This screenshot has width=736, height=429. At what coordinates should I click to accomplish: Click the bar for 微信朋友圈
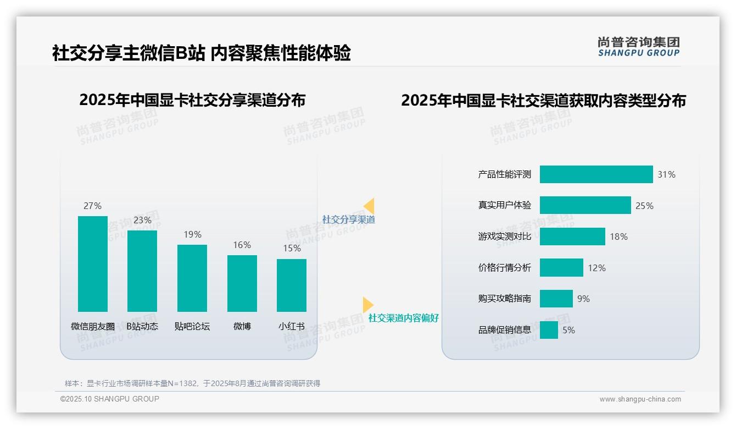tap(93, 264)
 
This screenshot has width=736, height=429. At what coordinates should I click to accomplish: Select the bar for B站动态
tap(142, 271)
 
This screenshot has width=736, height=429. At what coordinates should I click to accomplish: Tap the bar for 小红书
tap(292, 285)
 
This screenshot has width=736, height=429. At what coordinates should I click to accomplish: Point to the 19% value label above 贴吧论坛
tap(192, 234)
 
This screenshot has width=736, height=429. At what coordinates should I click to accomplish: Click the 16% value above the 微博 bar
tap(242, 245)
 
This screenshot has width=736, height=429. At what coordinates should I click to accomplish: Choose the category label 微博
tap(242, 326)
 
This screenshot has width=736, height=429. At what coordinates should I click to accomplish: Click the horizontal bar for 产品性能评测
tap(596, 174)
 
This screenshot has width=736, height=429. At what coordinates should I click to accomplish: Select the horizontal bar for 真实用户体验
tap(585, 205)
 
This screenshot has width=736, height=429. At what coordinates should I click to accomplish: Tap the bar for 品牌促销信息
tap(549, 330)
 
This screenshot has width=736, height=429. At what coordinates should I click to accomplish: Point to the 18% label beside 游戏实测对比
tap(618, 237)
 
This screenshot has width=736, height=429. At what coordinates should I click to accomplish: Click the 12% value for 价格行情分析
tap(596, 268)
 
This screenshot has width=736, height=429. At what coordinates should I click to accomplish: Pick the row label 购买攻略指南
tap(504, 299)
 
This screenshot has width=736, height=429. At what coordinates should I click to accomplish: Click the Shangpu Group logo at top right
tap(638, 47)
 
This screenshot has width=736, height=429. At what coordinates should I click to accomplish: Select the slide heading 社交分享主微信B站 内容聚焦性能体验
tap(201, 53)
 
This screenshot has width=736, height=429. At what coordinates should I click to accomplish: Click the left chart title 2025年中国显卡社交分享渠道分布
tap(192, 100)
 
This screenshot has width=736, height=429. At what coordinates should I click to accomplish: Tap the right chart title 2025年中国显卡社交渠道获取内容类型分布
tap(543, 101)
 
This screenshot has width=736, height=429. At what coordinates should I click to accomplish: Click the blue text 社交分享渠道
tap(348, 219)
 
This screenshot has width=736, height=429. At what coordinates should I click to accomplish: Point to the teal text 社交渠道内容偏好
tap(403, 318)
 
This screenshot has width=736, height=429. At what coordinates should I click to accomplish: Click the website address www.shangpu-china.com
tap(640, 399)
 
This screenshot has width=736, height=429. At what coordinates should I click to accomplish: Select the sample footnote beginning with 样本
tap(192, 383)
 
